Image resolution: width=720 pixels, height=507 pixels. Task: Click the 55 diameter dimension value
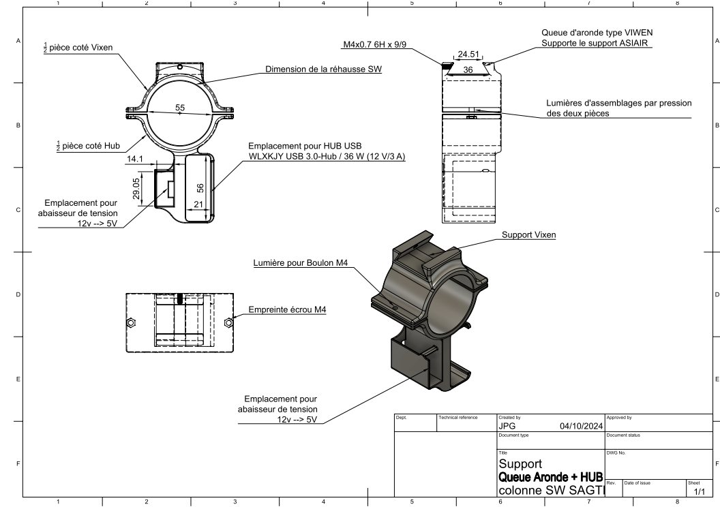point(180,108)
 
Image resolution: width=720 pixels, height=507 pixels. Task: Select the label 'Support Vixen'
point(528,235)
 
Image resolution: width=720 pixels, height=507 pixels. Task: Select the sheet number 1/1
point(698,491)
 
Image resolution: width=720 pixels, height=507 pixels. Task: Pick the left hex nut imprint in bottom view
point(132,322)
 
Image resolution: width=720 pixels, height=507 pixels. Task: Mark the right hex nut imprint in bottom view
point(228,322)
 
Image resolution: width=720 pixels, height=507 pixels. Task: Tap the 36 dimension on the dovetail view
point(468,70)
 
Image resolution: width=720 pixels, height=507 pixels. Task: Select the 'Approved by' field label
point(618,416)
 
